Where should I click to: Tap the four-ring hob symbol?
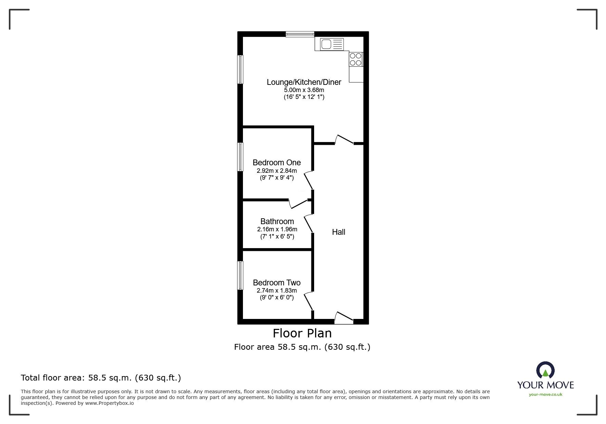pos(356,59)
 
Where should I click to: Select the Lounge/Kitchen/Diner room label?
pos(304,82)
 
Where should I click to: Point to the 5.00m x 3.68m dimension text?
pos(304,90)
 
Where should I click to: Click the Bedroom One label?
pos(276,163)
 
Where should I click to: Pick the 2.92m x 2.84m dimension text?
pos(276,170)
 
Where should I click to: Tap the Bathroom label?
pos(277,221)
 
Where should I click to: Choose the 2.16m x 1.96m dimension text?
pos(277,229)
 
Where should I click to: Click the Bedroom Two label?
pos(276,283)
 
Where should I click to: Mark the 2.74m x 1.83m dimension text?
pos(276,291)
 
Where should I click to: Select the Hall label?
pos(338,232)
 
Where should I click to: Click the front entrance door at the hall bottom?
pos(344,319)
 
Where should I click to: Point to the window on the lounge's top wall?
pos(300,34)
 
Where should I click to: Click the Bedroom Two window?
pos(240,275)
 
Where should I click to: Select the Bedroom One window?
pos(240,157)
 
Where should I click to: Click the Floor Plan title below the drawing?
pos(302,333)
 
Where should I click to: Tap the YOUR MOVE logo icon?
pos(545,370)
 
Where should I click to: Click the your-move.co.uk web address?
pos(545,395)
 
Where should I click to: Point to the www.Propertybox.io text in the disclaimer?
pos(109,403)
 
